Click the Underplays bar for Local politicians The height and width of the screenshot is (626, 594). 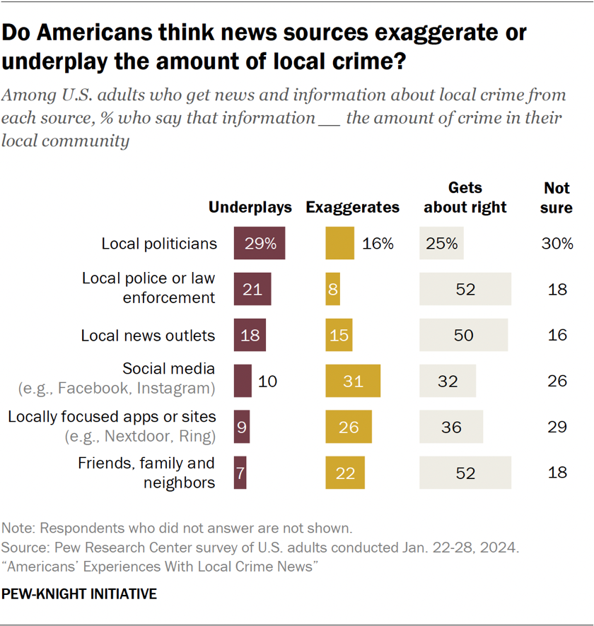click(260, 243)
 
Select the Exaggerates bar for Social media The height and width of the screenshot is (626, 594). click(353, 381)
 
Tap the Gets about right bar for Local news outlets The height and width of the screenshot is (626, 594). click(463, 334)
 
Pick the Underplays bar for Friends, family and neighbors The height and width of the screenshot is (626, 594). click(240, 472)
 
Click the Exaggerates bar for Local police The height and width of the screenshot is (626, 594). click(332, 289)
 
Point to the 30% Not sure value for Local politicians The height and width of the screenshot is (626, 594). click(557, 244)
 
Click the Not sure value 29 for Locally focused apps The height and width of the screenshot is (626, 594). click(557, 427)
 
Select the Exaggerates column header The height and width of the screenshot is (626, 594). click(352, 207)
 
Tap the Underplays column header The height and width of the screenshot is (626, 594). click(250, 207)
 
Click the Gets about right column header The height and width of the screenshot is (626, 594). click(465, 197)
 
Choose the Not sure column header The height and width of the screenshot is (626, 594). click(557, 197)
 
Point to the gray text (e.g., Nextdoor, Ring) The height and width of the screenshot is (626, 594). click(140, 436)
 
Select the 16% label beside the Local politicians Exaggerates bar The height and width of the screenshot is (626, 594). click(378, 244)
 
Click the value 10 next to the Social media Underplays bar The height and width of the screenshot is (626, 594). click(267, 381)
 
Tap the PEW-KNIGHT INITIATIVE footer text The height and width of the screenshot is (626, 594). click(79, 594)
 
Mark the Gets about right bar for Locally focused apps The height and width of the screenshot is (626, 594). click(451, 427)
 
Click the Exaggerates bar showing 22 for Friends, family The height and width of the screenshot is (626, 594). click(345, 472)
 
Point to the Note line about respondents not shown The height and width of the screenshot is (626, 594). click(176, 528)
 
